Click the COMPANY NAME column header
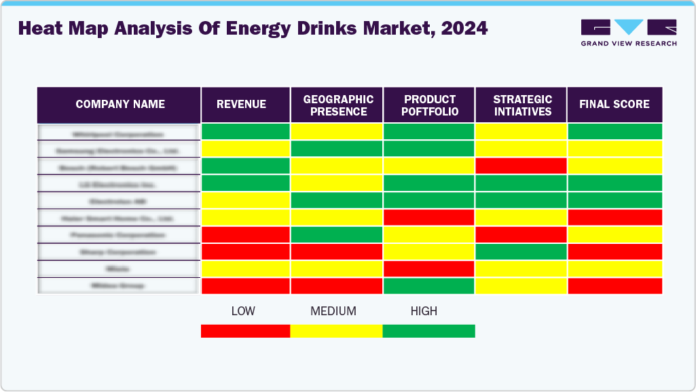[x=120, y=105]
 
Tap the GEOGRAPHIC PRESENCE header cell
[x=337, y=105]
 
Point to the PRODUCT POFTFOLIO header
[x=430, y=105]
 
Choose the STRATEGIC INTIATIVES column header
[x=521, y=105]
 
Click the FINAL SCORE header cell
[x=614, y=105]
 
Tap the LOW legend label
[x=243, y=311]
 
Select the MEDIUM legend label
[x=333, y=311]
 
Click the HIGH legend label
[x=424, y=311]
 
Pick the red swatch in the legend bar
[x=246, y=331]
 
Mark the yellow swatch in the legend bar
[x=336, y=331]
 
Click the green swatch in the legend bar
[x=428, y=331]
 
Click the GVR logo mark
[x=628, y=27]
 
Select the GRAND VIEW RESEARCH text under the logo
[x=628, y=43]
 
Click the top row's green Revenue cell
[x=246, y=132]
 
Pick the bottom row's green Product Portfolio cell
[x=429, y=286]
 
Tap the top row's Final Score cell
[x=615, y=132]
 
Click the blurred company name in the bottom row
[x=119, y=286]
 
